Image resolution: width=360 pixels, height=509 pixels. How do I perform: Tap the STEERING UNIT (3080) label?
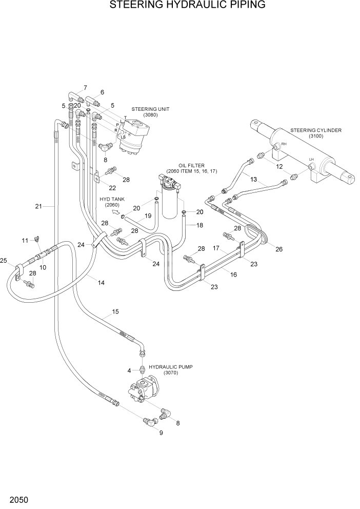[150, 112]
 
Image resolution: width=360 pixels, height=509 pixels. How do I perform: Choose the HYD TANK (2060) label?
[112, 202]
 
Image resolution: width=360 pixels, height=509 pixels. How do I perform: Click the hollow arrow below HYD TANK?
[115, 211]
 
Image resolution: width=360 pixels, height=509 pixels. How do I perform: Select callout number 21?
[38, 206]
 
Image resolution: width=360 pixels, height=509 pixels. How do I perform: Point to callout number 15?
[115, 311]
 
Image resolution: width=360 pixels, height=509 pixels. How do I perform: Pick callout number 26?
[278, 249]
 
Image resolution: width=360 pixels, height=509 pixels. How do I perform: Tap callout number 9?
[161, 433]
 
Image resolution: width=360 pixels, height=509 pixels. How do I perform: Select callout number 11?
[24, 240]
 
